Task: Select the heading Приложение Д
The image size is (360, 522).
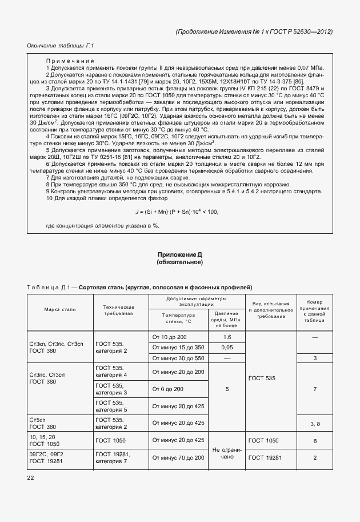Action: [x=180, y=254]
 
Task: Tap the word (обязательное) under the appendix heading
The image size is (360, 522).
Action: [x=180, y=262]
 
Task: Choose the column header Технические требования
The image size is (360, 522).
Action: [x=119, y=310]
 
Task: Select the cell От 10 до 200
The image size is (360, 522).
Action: [x=170, y=337]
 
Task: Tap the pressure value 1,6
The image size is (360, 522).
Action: [x=227, y=337]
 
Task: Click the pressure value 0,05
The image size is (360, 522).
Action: [x=227, y=347]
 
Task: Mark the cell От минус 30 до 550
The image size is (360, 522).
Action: [x=178, y=358]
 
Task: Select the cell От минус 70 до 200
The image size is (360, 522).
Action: [x=178, y=458]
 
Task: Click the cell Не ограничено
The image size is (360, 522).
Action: [x=227, y=453]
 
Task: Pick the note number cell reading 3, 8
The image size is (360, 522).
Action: [x=315, y=424]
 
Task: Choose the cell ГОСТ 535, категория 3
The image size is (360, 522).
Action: [x=111, y=389]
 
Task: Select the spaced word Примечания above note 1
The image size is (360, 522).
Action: [x=70, y=61]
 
